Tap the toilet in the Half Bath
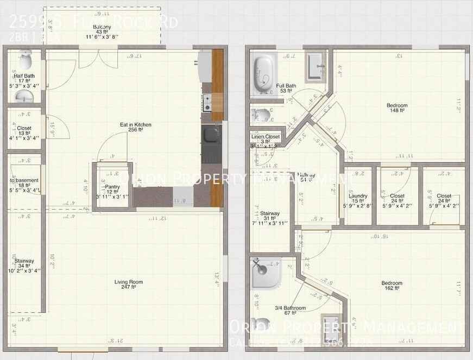point(25,57)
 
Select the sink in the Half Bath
point(24,97)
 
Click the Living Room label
point(129,284)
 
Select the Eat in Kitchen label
point(136,128)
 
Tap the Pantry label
point(112,190)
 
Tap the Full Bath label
point(286,88)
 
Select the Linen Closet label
point(265,139)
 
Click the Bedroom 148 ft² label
point(397,108)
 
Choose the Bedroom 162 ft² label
point(392,286)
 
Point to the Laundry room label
point(358,199)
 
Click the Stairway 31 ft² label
point(270,216)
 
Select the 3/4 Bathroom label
point(291,311)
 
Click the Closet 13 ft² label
point(24,131)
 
